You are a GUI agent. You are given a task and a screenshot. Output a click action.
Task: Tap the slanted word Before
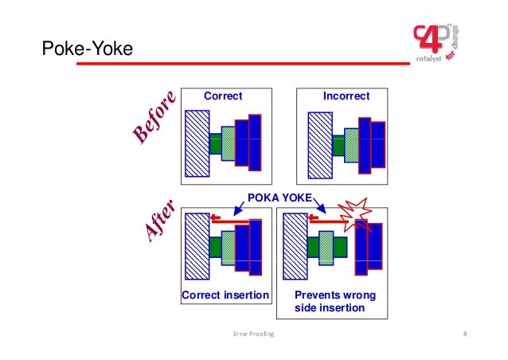[x=154, y=119]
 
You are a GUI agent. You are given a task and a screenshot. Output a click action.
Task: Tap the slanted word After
[x=158, y=223]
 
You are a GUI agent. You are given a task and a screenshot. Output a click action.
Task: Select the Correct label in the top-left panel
[x=223, y=96]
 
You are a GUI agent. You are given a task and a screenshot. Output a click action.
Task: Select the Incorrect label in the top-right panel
[x=346, y=96]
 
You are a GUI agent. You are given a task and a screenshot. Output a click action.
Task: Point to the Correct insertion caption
[x=226, y=296]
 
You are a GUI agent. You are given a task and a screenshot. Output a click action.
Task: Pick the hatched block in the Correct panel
[x=196, y=142]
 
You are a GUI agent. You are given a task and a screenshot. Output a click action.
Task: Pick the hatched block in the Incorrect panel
[x=319, y=142]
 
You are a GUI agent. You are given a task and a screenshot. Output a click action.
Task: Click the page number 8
[x=463, y=334]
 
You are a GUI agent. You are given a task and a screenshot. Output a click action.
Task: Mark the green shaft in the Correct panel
[x=215, y=143]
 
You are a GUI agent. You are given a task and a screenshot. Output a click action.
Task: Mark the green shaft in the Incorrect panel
[x=338, y=144]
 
